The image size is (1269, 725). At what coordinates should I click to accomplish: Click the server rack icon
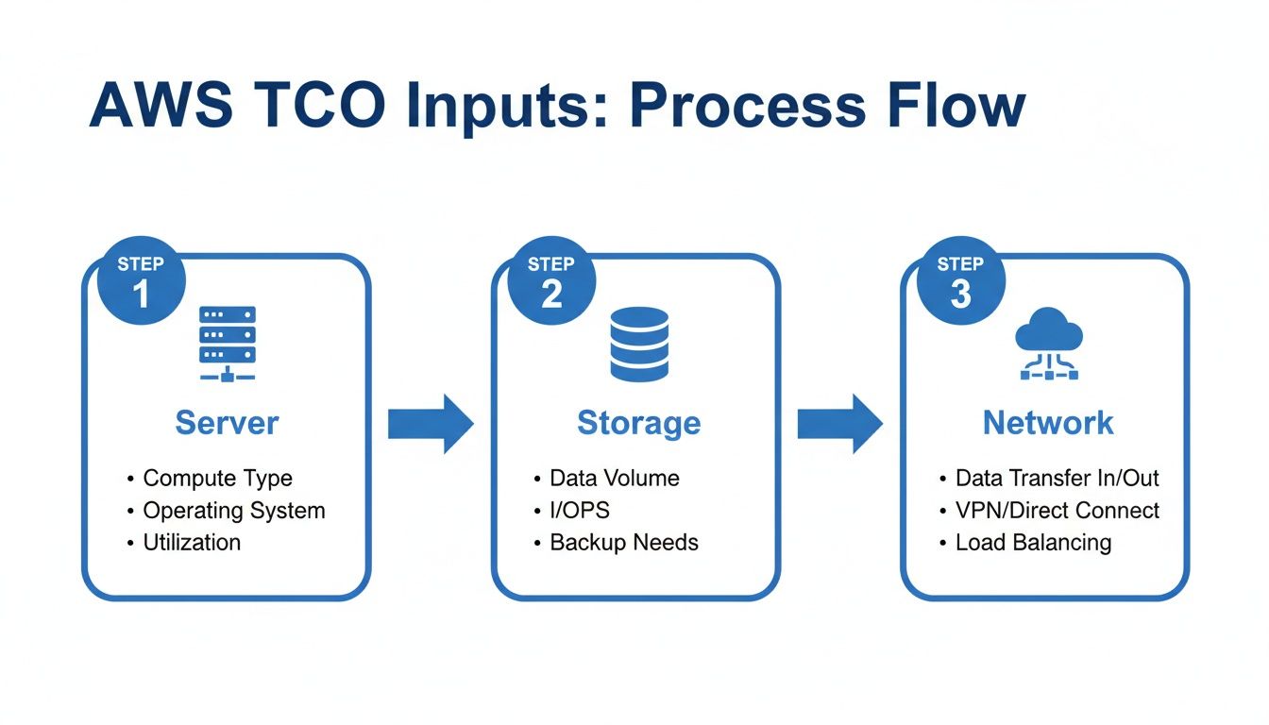pyautogui.click(x=227, y=343)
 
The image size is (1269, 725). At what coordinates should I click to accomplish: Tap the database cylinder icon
pyautogui.click(x=639, y=345)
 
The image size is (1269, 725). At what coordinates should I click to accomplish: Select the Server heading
pyautogui.click(x=227, y=423)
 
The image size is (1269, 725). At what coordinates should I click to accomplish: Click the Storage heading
pyautogui.click(x=638, y=423)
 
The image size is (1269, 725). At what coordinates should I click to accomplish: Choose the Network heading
pyautogui.click(x=1048, y=423)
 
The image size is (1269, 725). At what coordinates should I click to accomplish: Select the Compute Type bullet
pyautogui.click(x=217, y=479)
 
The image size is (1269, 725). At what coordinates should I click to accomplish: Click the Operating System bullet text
pyautogui.click(x=233, y=511)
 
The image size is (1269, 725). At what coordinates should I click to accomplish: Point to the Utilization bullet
pyautogui.click(x=192, y=543)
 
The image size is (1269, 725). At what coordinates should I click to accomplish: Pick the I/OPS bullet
pyautogui.click(x=579, y=511)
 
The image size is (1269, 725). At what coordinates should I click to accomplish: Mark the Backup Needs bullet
pyautogui.click(x=624, y=543)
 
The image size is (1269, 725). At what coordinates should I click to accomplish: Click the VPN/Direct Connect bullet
pyautogui.click(x=1057, y=511)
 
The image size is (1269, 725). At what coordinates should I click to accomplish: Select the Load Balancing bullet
pyautogui.click(x=1033, y=543)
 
